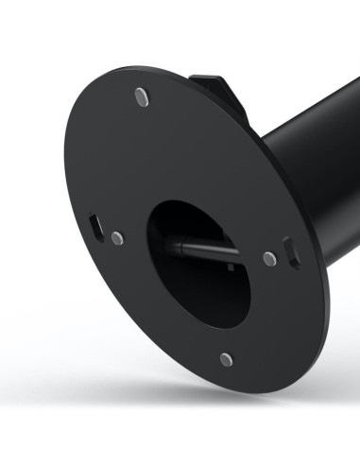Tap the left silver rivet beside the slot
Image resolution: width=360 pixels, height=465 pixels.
(x=116, y=238)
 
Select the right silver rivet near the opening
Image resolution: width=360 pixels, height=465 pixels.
(x=269, y=258)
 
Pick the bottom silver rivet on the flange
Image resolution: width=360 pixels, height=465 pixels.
(x=226, y=359)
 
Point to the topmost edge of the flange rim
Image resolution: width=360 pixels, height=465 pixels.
(x=132, y=65)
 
